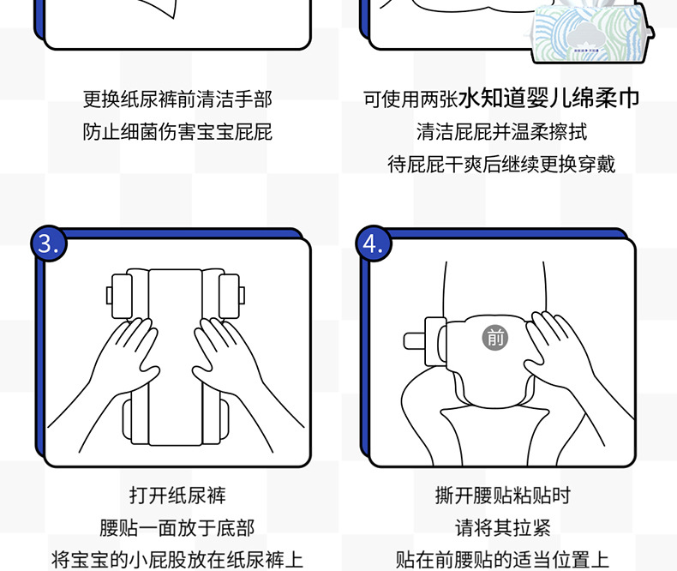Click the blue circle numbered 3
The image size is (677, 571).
49,243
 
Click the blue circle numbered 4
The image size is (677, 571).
374,243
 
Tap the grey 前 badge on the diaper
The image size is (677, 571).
494,337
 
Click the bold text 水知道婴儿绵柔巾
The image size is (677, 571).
548,98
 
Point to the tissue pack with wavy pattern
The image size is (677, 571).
590,33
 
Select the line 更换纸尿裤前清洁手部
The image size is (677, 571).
177,99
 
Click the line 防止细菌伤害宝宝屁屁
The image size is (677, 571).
177,132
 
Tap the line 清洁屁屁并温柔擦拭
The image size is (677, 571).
501,132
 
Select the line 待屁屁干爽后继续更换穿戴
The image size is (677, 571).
501,164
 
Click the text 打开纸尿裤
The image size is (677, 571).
177,495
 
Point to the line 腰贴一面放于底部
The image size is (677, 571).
177,527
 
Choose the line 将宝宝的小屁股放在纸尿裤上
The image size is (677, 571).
177,560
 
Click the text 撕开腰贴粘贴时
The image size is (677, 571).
502,495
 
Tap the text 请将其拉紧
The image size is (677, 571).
502,527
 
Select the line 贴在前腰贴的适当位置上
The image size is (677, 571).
502,560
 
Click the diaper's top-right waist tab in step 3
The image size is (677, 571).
231,296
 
